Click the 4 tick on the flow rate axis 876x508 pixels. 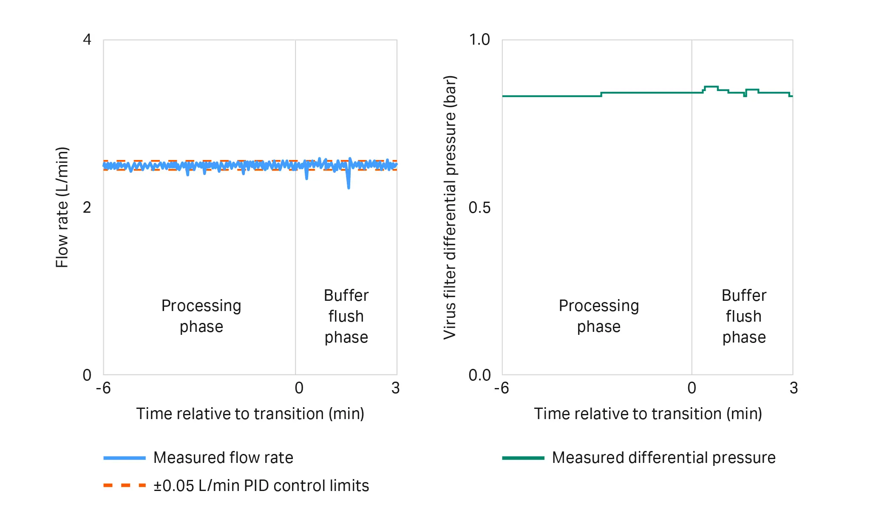pos(87,40)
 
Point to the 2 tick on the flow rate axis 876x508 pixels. pos(87,208)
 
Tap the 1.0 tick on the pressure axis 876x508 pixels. pos(479,40)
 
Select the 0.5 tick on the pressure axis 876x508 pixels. pos(479,208)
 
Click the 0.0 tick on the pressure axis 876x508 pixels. pos(479,375)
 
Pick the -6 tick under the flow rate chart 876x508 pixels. pos(103,388)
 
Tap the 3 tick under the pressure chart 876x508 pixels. pos(794,388)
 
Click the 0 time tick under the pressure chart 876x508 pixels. pos(692,388)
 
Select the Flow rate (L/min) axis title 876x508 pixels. pos(62,207)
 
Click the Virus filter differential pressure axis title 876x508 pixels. pos(450,207)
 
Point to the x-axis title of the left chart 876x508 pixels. pos(250,414)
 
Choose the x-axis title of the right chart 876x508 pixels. pos(648,414)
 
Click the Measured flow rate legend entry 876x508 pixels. pos(223,458)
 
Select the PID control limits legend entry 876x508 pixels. pos(261,485)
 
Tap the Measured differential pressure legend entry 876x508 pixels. pos(663,458)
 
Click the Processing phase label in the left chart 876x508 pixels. pos(201,316)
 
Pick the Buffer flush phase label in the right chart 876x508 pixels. pos(744,316)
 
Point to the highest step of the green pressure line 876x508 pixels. pos(711,87)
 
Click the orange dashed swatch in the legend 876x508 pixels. pos(125,485)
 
